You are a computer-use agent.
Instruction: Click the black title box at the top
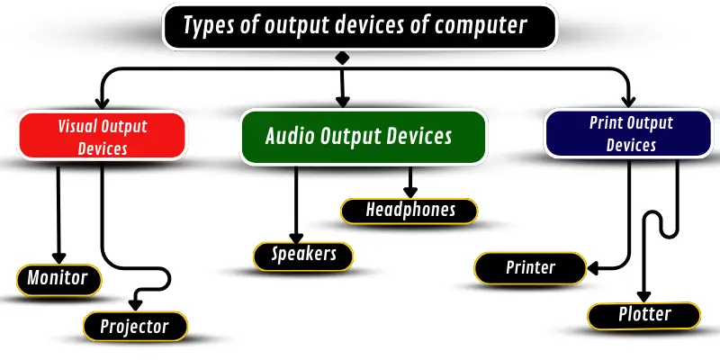360,25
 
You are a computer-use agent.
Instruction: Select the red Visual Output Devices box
103,137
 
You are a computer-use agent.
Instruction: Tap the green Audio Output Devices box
364,137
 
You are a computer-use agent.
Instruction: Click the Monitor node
57,278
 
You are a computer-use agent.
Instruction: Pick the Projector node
136,325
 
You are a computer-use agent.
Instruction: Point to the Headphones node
410,211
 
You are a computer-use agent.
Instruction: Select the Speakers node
303,255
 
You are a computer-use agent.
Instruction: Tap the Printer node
530,267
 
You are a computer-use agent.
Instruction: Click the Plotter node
643,314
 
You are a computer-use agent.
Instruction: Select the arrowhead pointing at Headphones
410,192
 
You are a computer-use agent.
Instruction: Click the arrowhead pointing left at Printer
593,266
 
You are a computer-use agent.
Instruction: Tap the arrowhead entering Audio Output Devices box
342,101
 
